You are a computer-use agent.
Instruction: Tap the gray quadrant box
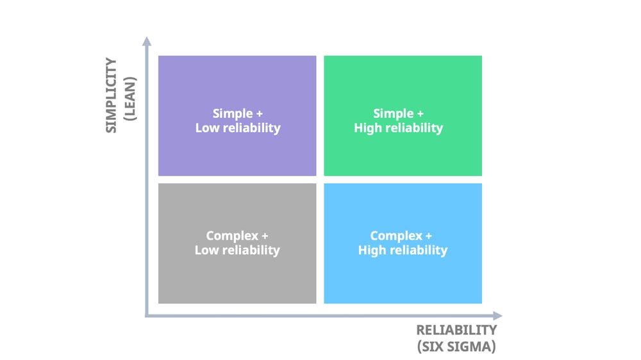point(237,275)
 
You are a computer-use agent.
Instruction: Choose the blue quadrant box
point(403,275)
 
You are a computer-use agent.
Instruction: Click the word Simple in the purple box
point(232,113)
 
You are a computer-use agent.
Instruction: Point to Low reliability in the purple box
point(238,128)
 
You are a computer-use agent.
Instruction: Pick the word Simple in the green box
point(393,113)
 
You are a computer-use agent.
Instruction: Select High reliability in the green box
point(398,128)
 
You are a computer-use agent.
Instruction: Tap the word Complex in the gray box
point(231,236)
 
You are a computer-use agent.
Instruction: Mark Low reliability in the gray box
point(237,250)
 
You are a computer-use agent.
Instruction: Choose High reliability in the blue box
point(403,250)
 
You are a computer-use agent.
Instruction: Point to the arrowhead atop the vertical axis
point(147,42)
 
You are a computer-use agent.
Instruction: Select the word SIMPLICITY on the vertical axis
point(112,95)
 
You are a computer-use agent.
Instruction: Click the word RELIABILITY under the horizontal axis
point(456,331)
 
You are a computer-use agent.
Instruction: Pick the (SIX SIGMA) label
point(456,347)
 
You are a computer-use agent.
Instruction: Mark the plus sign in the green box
point(420,113)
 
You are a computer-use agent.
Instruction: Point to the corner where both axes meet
point(147,315)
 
